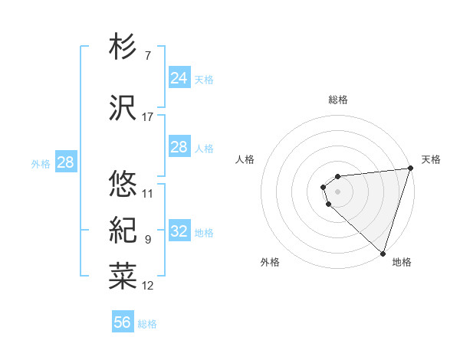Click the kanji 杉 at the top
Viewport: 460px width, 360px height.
pos(123,47)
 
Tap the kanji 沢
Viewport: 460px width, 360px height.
pos(123,108)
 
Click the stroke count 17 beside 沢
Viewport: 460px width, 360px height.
pos(148,116)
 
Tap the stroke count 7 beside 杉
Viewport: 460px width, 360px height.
pos(147,56)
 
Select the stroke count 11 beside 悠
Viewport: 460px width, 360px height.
pos(148,193)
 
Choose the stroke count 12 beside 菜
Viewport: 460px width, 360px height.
pos(148,286)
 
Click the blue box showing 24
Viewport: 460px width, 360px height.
pos(179,78)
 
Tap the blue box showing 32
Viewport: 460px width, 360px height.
pos(179,231)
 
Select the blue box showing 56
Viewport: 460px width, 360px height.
pos(122,322)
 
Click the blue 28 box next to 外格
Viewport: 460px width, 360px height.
pos(65,162)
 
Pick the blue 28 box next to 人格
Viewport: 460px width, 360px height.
pos(179,147)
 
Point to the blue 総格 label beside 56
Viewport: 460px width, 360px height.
pos(148,324)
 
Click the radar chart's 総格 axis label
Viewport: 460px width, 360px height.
pos(338,100)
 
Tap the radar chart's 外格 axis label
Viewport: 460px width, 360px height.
pos(270,262)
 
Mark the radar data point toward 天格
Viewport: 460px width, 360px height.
pos(409,169)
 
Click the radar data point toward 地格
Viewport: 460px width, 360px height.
pos(383,253)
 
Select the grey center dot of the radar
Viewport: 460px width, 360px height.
pos(338,191)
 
